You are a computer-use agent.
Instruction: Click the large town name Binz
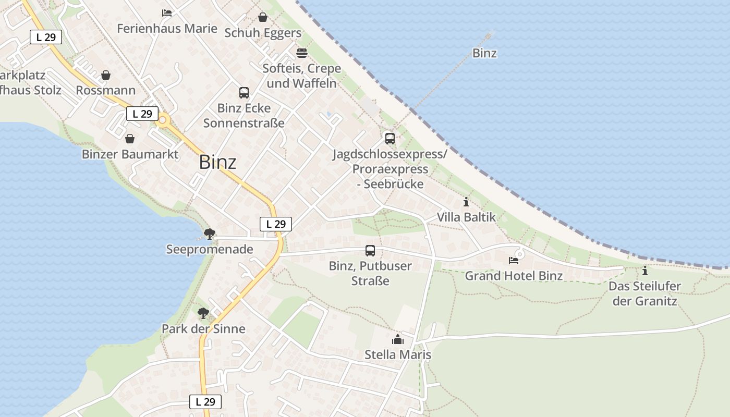coord(217,162)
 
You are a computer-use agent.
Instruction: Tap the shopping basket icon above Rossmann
coord(106,75)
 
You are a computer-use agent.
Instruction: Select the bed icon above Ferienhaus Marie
coord(167,13)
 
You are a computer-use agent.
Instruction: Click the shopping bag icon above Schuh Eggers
coord(263,17)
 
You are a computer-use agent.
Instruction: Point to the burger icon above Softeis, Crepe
coord(302,53)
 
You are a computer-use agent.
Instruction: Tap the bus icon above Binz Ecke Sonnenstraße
coord(244,93)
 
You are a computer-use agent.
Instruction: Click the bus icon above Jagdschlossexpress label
coord(390,138)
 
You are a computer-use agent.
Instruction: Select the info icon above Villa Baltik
coord(466,202)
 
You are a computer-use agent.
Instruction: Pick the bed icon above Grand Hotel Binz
coord(514,260)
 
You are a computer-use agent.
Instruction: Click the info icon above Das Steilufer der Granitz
coord(645,271)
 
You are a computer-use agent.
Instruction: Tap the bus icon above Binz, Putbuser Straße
coord(370,251)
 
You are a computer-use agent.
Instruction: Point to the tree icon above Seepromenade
coord(210,234)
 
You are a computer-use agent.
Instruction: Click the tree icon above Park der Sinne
coord(203,313)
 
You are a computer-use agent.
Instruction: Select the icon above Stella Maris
coord(398,339)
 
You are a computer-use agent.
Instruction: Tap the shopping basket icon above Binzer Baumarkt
coord(130,139)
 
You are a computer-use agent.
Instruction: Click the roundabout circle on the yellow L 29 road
coord(163,120)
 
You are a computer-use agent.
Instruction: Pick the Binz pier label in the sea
coord(484,53)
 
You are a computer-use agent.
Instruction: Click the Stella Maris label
coord(398,355)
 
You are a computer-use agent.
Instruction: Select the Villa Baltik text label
coord(466,217)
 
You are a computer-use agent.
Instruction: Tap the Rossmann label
coord(106,90)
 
